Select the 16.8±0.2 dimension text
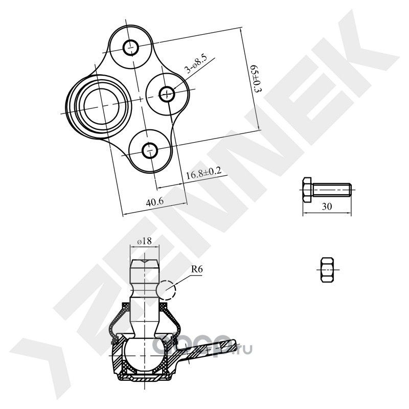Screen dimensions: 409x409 [x=203, y=173]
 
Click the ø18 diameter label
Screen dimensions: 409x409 [x=145, y=241]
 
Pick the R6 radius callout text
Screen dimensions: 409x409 [x=197, y=269]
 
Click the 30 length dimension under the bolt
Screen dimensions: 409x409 [x=327, y=207]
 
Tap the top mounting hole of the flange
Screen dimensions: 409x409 [x=130, y=48]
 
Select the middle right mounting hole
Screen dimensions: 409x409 [x=167, y=94]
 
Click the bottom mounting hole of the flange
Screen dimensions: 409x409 [x=150, y=150]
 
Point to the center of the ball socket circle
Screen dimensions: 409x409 [x=101, y=106]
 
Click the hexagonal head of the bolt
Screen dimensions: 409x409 [x=308, y=189]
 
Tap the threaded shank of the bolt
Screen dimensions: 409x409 [x=332, y=190]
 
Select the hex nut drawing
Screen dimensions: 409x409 [x=328, y=270]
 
